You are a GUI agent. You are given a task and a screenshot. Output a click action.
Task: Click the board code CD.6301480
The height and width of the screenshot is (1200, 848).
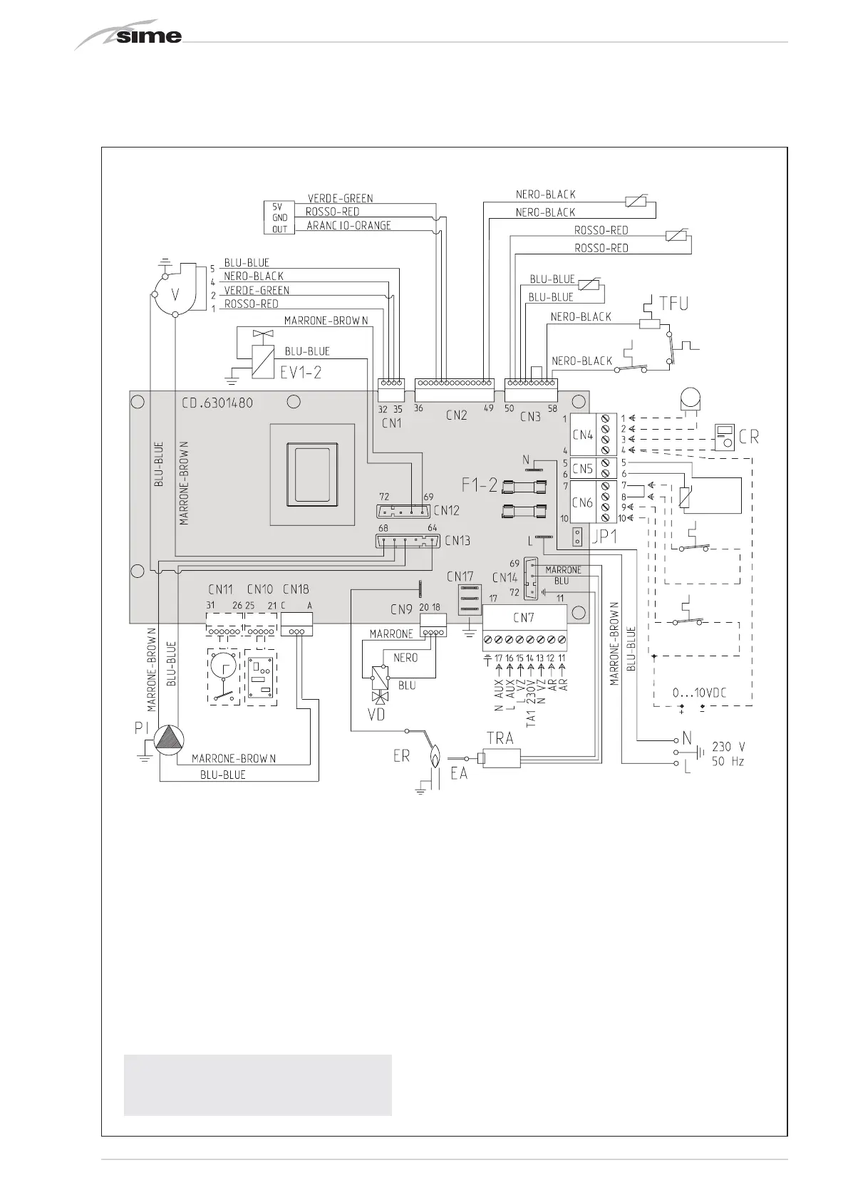point(217,403)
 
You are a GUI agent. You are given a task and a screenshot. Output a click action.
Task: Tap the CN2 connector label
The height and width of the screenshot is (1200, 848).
point(456,415)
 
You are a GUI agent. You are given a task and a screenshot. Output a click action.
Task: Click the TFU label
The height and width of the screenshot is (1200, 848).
point(673,304)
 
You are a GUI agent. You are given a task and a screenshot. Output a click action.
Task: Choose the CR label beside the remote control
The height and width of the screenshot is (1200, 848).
point(749,436)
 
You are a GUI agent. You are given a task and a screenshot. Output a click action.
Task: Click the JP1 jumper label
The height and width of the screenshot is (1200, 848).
point(604,535)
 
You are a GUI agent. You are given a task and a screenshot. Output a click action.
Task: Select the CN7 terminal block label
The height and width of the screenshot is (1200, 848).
point(524,617)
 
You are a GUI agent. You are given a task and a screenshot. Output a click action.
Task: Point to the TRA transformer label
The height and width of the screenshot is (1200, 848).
point(500,738)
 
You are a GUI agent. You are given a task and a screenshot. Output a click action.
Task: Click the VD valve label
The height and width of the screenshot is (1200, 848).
point(375,713)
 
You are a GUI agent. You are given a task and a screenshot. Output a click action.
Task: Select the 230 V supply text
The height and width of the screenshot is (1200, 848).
point(728,747)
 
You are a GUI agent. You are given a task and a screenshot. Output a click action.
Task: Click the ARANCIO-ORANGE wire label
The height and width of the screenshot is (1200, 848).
point(348,226)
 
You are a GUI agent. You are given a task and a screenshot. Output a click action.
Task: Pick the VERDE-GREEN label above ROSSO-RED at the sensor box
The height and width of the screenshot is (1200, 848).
point(340,198)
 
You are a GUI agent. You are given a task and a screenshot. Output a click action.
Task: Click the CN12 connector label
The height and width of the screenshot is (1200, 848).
point(446,510)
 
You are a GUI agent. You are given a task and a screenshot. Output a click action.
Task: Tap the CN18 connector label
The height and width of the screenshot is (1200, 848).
point(296,589)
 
